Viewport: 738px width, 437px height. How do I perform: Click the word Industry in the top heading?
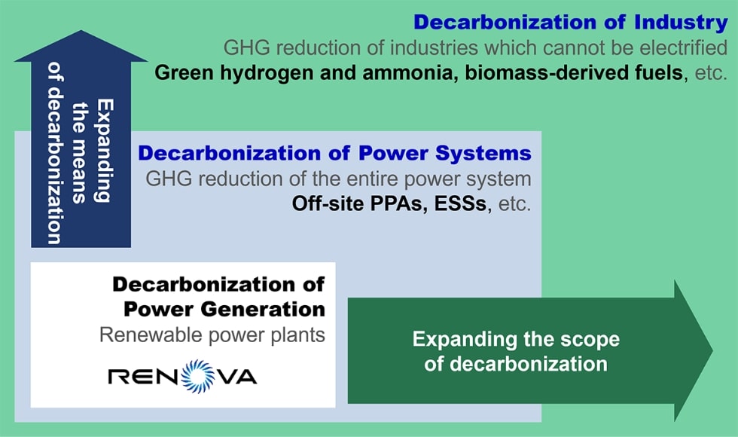click(681, 22)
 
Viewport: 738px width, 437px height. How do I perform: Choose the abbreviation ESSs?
click(460, 203)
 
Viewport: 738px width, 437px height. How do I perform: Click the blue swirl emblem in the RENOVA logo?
click(198, 376)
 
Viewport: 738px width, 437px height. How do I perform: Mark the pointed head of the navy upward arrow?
click(81, 46)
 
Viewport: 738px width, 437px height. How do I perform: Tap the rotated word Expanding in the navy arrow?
click(105, 150)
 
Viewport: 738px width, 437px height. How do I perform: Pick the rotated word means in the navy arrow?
click(79, 175)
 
